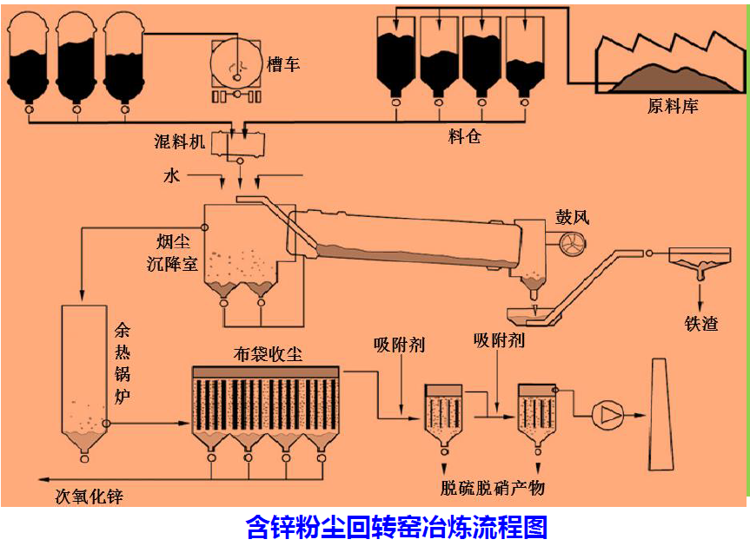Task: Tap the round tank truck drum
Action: [234, 62]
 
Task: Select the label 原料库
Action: [673, 107]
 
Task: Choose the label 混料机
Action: [180, 141]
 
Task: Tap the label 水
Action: [170, 176]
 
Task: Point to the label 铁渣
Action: [701, 325]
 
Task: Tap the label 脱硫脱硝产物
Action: [492, 488]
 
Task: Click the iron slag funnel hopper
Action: [700, 258]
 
